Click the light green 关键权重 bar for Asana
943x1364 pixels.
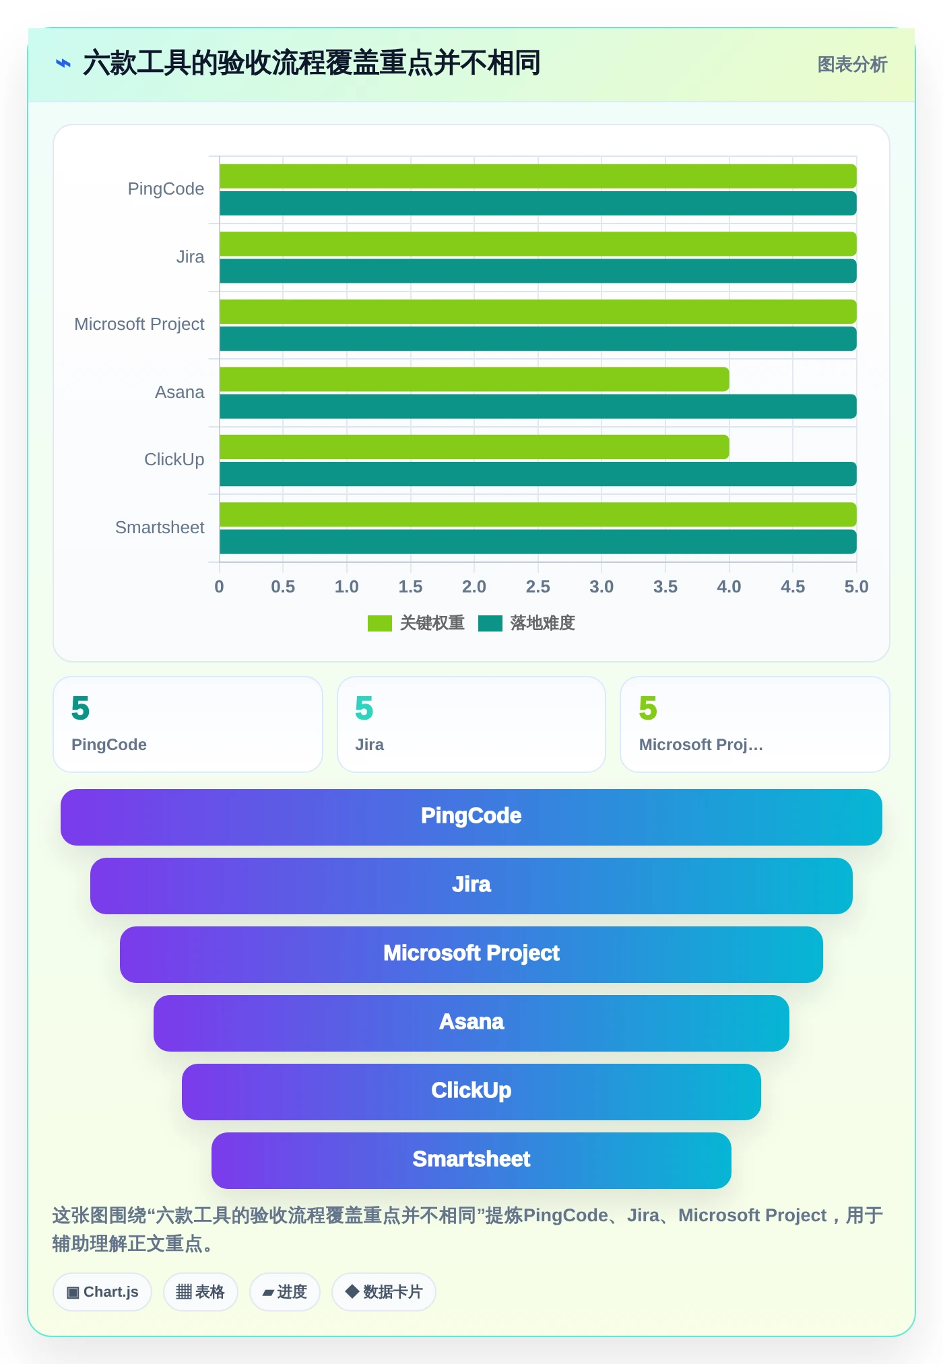click(474, 379)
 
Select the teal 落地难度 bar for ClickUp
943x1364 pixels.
click(538, 474)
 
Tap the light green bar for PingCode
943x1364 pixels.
click(538, 176)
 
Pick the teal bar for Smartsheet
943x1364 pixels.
click(538, 542)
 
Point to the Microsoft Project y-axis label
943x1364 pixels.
click(139, 324)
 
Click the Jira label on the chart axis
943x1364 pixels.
click(190, 257)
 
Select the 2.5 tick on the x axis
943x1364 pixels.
click(538, 586)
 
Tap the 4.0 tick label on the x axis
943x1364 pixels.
click(729, 586)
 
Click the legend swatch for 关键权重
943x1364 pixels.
click(380, 623)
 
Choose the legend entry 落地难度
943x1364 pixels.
click(527, 623)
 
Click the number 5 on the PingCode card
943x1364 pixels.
click(80, 708)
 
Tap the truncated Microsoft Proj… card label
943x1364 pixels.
click(701, 745)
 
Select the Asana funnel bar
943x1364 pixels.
click(471, 1023)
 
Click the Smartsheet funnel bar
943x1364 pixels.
click(471, 1161)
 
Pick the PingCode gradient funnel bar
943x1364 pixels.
click(471, 817)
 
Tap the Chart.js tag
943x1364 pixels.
click(102, 1292)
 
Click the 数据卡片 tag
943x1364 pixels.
click(383, 1292)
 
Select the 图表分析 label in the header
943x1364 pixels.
click(852, 65)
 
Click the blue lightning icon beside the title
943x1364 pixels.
click(63, 64)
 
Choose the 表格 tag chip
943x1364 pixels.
click(200, 1292)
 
